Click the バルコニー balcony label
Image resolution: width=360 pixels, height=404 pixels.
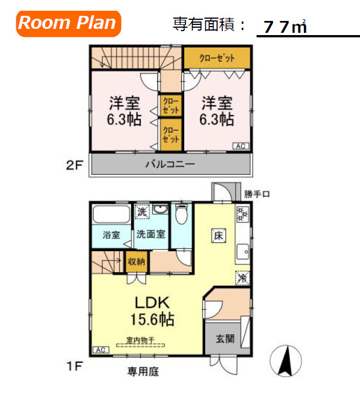[170, 165]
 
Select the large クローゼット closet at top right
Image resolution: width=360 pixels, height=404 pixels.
[217, 58]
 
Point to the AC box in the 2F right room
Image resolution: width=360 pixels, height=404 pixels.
[240, 146]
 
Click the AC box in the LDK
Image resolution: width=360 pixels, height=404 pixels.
[99, 350]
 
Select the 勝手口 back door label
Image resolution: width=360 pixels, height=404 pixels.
[257, 194]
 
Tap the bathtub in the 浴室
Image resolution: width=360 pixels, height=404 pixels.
[111, 215]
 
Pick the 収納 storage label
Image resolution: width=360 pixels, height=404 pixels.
[136, 262]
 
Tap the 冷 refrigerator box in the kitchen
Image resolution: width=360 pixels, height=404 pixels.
[242, 278]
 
